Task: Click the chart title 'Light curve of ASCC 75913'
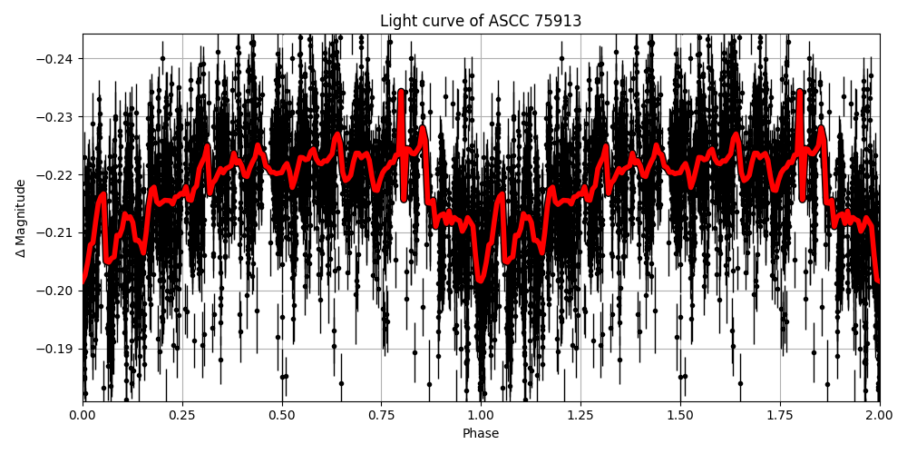[x=481, y=21]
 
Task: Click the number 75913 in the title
[x=555, y=21]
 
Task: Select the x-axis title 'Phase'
[x=481, y=434]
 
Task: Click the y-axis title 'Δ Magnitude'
[x=21, y=218]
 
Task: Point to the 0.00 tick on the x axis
[x=83, y=415]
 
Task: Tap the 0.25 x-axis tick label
[x=182, y=415]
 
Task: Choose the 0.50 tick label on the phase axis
[x=282, y=415]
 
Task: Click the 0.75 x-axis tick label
[x=381, y=415]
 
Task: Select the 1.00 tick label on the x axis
[x=481, y=415]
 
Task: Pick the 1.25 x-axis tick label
[x=580, y=415]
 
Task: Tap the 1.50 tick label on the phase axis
[x=680, y=415]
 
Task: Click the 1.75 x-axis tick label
[x=780, y=415]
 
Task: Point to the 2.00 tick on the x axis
[x=879, y=415]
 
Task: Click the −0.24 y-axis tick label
[x=57, y=59]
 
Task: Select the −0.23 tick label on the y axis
[x=57, y=117]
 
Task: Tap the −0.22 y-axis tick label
[x=57, y=174]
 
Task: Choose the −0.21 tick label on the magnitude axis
[x=57, y=232]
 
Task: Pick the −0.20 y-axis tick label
[x=57, y=291]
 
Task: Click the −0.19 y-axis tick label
[x=57, y=349]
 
